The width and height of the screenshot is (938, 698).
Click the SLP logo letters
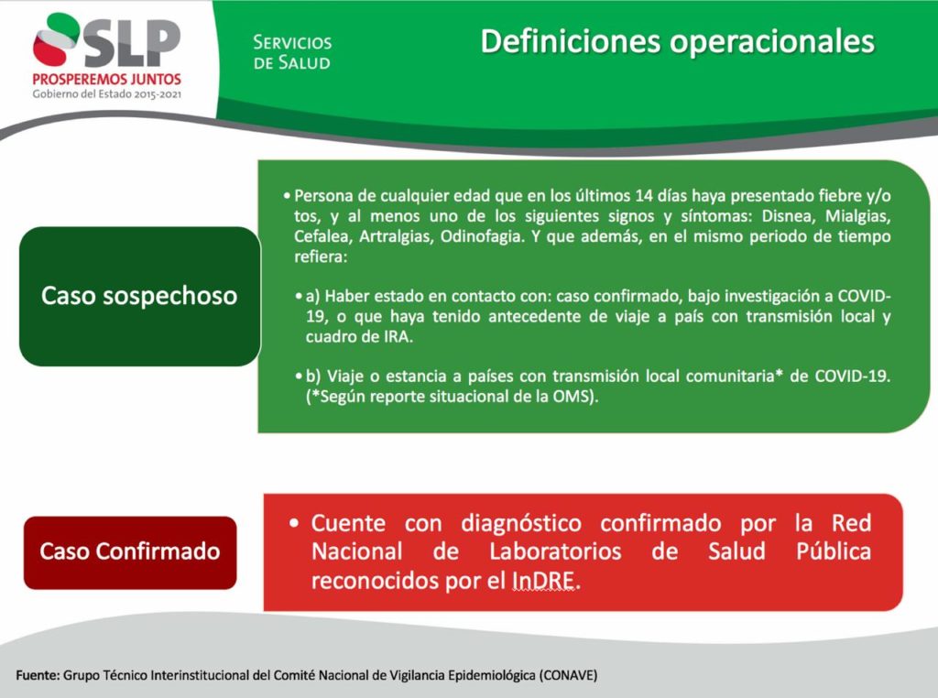point(132,42)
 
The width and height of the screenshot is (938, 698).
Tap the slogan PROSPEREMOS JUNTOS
point(107,79)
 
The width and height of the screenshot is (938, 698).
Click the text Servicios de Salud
point(292,52)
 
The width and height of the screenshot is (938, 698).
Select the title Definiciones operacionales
point(677,41)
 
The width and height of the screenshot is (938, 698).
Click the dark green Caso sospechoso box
point(140,296)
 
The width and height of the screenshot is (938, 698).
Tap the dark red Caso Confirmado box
point(130,552)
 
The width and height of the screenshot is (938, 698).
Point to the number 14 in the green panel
point(644,196)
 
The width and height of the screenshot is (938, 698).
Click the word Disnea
point(785,215)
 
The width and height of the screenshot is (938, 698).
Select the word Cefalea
point(322,236)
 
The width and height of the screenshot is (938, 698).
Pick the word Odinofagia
point(482,237)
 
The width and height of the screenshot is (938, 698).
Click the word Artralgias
point(395,237)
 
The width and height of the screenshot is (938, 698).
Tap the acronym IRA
point(398,337)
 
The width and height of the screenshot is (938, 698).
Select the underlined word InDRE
point(544,580)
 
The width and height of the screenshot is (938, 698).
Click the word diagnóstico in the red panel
point(521,524)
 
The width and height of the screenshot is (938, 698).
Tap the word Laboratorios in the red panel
point(556,551)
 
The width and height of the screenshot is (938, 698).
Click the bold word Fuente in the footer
point(37,675)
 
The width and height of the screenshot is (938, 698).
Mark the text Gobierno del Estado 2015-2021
point(107,94)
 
